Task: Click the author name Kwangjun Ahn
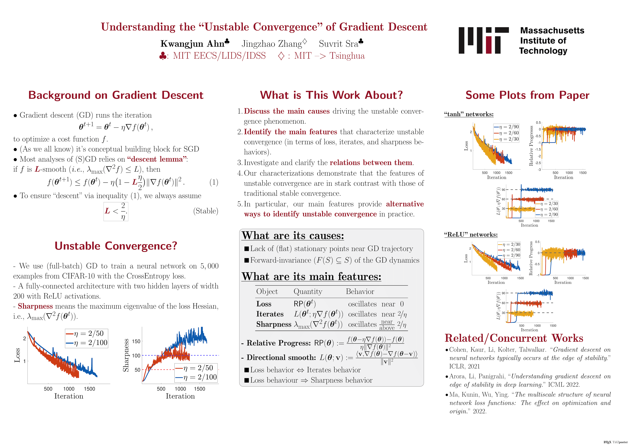[193, 44]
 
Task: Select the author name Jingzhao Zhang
[272, 44]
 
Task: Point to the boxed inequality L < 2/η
[116, 211]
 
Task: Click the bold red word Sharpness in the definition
[35, 306]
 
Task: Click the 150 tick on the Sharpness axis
[136, 341]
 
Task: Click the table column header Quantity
[308, 292]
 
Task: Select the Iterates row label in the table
[270, 314]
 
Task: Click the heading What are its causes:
[293, 236]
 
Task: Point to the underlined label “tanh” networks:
[469, 114]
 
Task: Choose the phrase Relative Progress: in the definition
[279, 343]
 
